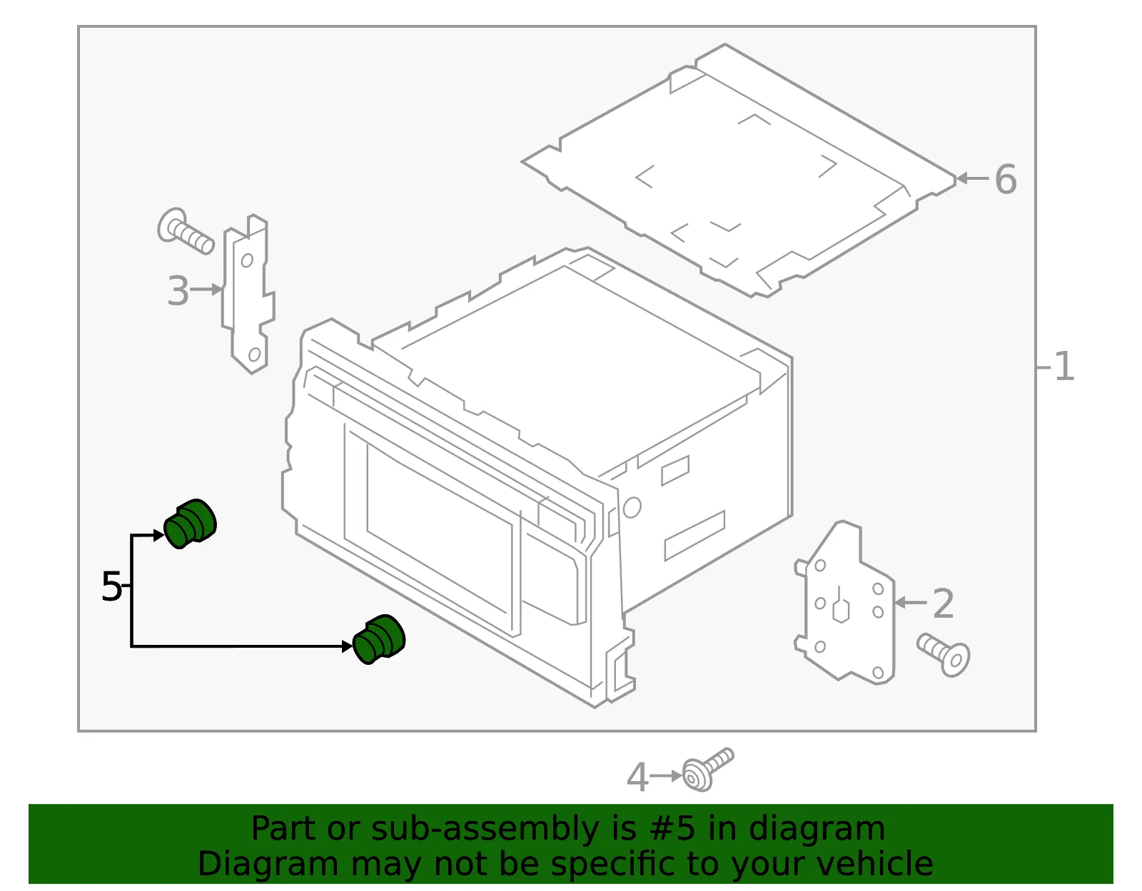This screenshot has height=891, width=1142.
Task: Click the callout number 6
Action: tap(1006, 180)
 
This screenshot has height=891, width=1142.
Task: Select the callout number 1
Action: tap(1064, 366)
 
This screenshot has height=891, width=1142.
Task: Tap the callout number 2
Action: tap(943, 604)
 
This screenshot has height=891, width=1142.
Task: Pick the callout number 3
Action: tap(178, 290)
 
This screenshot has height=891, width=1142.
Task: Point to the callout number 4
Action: tap(637, 777)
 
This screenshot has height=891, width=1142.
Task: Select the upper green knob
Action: tap(190, 524)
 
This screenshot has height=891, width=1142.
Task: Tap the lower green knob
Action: tap(378, 639)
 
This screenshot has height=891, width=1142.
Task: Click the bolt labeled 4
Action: tap(707, 769)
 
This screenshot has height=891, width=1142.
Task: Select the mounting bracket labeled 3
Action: tap(248, 294)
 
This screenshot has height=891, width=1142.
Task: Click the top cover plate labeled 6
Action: tap(739, 170)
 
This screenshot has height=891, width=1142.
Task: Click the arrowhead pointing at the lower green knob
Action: tap(347, 646)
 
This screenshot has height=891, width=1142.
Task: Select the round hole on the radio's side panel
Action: tap(632, 507)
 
